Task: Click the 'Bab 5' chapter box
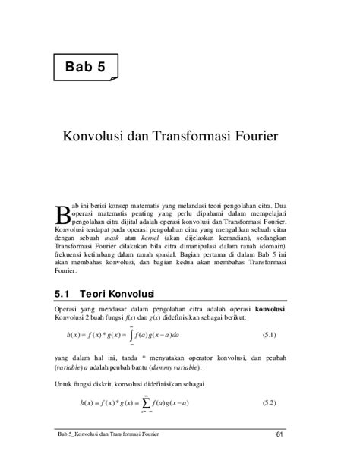[85, 67]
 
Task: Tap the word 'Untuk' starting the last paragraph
[66, 383]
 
